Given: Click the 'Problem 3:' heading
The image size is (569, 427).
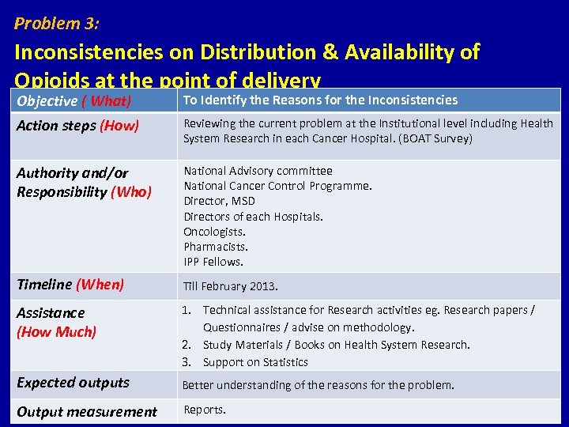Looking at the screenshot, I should [57, 24].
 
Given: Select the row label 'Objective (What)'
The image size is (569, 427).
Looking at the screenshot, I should [73, 100].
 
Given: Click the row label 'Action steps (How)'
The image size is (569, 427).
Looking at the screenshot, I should [77, 125].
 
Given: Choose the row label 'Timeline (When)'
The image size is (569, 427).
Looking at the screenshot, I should [70, 285].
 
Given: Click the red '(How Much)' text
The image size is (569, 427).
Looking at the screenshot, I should [56, 332].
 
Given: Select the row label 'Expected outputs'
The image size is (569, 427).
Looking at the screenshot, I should [73, 383].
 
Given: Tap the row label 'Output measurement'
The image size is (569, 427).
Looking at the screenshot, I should [87, 411].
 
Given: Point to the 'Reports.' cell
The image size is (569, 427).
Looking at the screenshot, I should [205, 410].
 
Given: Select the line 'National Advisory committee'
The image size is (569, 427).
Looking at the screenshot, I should [258, 171].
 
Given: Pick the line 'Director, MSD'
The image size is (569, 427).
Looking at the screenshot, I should [219, 201].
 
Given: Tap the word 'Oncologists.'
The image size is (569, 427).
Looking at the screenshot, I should [214, 232].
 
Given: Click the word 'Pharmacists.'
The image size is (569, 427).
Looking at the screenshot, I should [216, 247].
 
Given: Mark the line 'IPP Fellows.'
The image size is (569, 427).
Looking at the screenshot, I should [213, 262].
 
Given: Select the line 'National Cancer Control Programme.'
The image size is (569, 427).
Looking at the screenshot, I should [277, 186].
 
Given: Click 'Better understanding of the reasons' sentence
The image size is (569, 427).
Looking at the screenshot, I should [318, 385].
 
